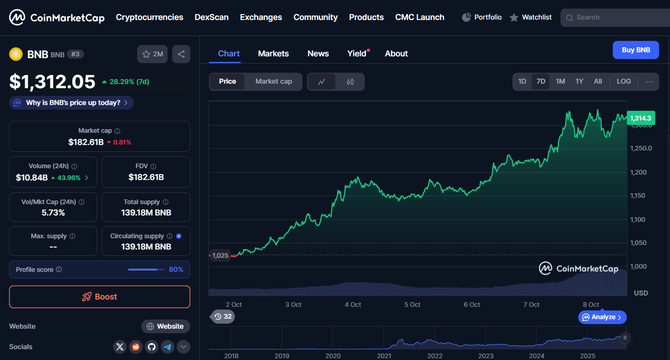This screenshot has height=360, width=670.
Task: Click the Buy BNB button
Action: pyautogui.click(x=635, y=50)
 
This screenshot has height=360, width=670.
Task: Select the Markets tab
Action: pyautogui.click(x=273, y=54)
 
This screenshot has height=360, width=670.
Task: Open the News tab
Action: pyautogui.click(x=318, y=54)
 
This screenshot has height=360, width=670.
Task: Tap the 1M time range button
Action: pyautogui.click(x=560, y=81)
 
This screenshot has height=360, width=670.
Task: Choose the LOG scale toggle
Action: pyautogui.click(x=623, y=81)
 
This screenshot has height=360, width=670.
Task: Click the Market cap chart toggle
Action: pyautogui.click(x=273, y=81)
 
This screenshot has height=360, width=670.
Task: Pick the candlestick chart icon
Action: pyautogui.click(x=350, y=82)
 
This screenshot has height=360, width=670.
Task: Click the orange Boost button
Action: pyautogui.click(x=99, y=297)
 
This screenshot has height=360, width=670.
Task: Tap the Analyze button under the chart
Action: pyautogui.click(x=602, y=317)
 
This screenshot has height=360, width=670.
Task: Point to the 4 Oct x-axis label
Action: pyautogui.click(x=352, y=305)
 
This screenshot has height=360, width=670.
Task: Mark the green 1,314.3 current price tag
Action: pyautogui.click(x=640, y=118)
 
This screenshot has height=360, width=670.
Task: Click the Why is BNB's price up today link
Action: pyautogui.click(x=72, y=103)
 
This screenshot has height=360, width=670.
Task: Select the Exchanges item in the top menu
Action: pyautogui.click(x=261, y=17)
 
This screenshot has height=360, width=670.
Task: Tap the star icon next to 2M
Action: pyautogui.click(x=146, y=54)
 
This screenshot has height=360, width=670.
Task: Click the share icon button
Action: pyautogui.click(x=181, y=54)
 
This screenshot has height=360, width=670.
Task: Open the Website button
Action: pyautogui.click(x=166, y=326)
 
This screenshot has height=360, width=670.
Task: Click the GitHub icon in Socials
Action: pyautogui.click(x=152, y=347)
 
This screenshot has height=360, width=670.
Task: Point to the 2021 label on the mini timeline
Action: pyautogui.click(x=384, y=356)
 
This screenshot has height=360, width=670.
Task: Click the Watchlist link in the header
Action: pyautogui.click(x=531, y=17)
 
